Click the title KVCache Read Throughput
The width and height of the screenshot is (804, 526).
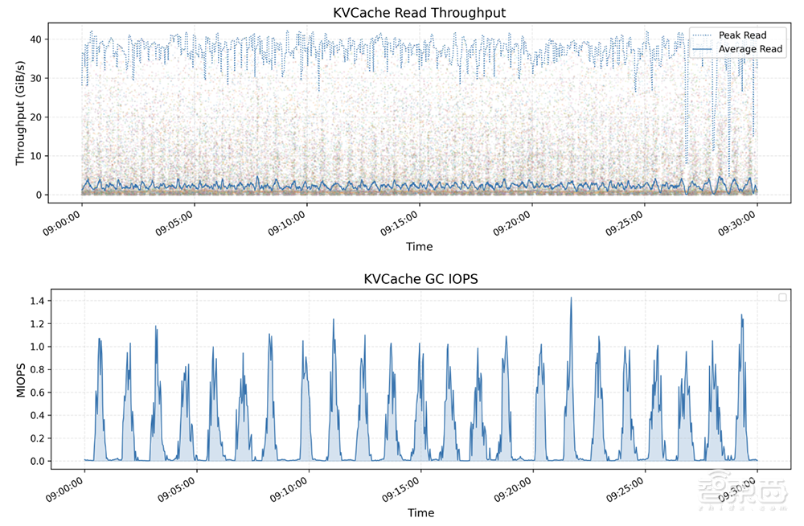coord(419,13)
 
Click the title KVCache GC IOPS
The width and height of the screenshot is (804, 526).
coord(419,279)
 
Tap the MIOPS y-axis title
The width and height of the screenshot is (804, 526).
coord(22,380)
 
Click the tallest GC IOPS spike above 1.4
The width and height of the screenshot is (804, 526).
coord(571,298)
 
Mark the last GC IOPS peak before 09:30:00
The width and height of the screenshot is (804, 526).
coord(741,316)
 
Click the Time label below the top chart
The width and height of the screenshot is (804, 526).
coord(419,246)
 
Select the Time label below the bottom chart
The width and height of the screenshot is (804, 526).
coord(419,512)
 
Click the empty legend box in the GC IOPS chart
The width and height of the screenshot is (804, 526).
coord(782,298)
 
